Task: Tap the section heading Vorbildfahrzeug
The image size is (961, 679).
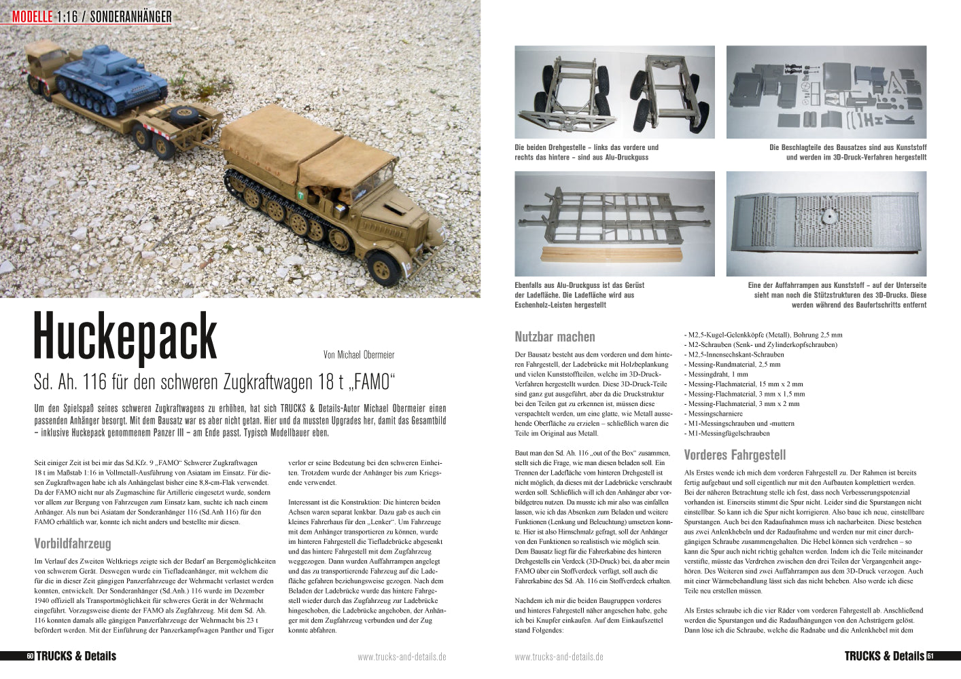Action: click(x=73, y=543)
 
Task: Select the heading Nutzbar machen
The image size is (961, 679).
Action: click(x=555, y=337)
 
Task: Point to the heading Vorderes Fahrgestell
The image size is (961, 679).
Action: click(x=735, y=455)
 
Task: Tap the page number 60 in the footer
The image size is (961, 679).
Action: click(x=30, y=656)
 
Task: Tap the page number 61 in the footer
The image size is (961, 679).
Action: click(x=930, y=656)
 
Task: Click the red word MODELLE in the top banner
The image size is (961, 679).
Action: click(x=32, y=16)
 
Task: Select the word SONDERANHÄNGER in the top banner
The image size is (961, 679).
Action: click(x=130, y=16)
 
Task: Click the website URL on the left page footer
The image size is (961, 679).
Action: click(x=402, y=657)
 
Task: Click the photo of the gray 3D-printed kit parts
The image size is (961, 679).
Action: click(x=826, y=92)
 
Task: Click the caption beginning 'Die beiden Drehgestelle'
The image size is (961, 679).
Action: click(x=587, y=152)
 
